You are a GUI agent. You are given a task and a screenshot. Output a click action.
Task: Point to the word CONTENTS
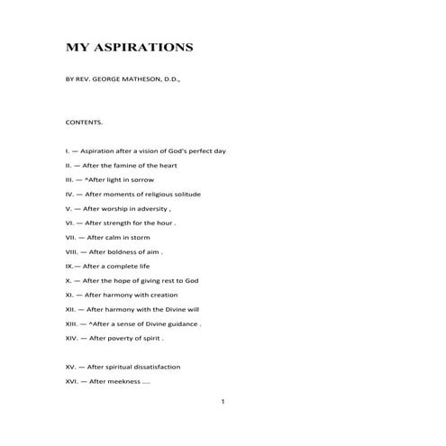point(85,121)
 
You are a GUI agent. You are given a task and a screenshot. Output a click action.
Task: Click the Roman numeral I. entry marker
point(68,150)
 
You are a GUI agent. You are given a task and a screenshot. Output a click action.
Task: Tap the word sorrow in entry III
point(142,179)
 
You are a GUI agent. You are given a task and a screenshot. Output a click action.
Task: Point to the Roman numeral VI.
point(70,223)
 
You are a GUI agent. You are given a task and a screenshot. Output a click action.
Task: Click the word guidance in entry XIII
point(182,323)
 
